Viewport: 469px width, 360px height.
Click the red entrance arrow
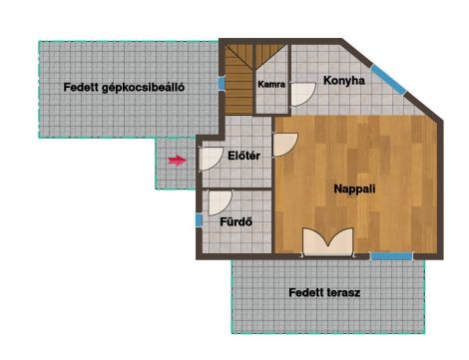click(x=177, y=161)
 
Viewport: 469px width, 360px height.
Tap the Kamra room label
click(x=271, y=84)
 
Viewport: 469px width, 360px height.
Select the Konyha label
click(x=344, y=81)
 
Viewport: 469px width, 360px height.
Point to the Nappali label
click(x=354, y=188)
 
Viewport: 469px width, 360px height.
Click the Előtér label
click(x=243, y=156)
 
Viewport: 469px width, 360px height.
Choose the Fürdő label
click(x=236, y=221)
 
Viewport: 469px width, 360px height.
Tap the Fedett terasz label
click(x=324, y=292)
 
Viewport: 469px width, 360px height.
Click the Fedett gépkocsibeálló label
click(x=124, y=88)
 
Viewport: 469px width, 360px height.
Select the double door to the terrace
click(x=328, y=242)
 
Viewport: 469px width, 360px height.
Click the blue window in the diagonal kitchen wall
click(x=388, y=80)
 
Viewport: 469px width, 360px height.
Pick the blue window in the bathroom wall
click(x=199, y=220)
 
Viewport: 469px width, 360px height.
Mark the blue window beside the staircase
click(x=222, y=84)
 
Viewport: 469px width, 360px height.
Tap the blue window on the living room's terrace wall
click(x=391, y=256)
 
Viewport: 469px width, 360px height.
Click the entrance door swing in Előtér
click(x=211, y=159)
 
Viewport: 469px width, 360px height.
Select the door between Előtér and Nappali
click(x=285, y=145)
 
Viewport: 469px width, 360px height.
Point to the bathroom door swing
click(x=220, y=203)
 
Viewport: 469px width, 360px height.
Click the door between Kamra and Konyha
click(x=303, y=95)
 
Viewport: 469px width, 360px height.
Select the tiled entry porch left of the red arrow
click(x=176, y=164)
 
